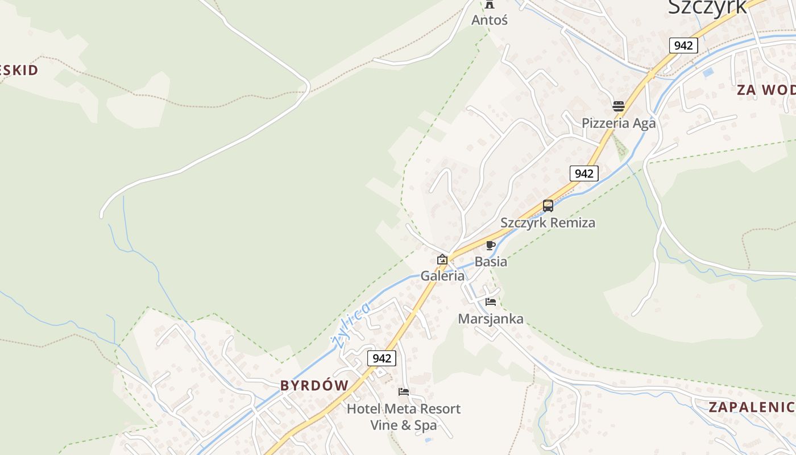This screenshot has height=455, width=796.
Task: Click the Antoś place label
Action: coord(489,20)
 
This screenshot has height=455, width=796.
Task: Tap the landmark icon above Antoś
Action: coord(490,5)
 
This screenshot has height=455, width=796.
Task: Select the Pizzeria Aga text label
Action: coord(619,123)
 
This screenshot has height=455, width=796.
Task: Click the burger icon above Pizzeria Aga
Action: coord(619,106)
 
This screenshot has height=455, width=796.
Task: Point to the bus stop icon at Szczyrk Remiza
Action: coord(548,206)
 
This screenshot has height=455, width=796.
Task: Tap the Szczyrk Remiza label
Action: coord(548,223)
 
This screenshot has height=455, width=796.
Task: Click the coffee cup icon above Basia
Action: coord(491,246)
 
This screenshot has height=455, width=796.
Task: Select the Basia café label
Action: coord(491,262)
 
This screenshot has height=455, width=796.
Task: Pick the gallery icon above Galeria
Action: coord(442,260)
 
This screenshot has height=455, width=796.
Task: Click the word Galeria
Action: coord(442,276)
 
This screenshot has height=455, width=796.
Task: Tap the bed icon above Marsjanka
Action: coord(491,302)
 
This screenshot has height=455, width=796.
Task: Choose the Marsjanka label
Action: coord(491,319)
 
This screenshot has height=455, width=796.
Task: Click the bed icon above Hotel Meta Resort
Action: coord(404,392)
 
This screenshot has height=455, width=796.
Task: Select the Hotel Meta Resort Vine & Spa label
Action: coord(404,417)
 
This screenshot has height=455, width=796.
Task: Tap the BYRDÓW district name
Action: coord(314,386)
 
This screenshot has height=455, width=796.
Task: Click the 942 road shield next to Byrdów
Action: coord(382,358)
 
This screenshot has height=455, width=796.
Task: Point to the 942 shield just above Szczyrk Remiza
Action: coord(584,173)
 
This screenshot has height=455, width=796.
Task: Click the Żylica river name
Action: coord(351,325)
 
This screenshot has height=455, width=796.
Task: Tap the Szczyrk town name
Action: coord(707,7)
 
